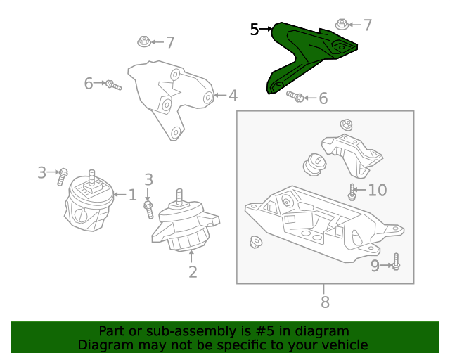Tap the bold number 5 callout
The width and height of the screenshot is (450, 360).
coord(255,30)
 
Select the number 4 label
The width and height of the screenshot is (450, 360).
coord(233,96)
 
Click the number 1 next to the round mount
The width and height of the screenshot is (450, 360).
coord(132,195)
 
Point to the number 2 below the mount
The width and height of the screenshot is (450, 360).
coord(193,271)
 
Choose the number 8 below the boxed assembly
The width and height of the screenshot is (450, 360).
coord(325,302)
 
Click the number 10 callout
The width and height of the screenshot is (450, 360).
coord(378,190)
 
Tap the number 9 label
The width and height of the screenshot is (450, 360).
coord(375,266)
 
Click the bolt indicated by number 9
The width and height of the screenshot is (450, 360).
coord(396,262)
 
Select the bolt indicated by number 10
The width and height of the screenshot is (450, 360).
coord(352,192)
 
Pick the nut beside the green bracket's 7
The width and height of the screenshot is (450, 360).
coord(342,25)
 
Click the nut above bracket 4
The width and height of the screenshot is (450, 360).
coord(144,41)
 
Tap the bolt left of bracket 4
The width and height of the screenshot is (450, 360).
coord(113,85)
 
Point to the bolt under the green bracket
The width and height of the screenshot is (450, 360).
coord(295,96)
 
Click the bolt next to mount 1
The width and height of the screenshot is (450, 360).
coord(63,177)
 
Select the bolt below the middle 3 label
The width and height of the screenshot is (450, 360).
coord(148,210)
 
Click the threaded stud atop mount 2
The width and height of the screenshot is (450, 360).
coord(179,196)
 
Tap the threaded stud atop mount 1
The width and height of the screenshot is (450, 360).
coord(91,177)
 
